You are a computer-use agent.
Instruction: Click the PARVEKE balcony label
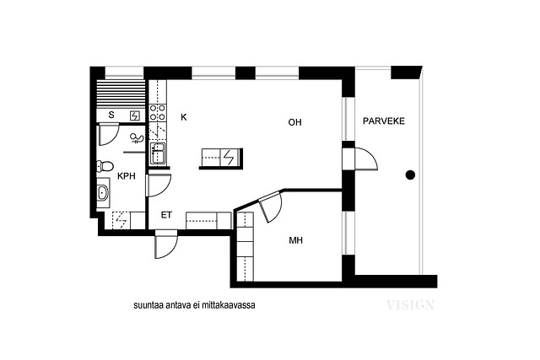tap(384, 121)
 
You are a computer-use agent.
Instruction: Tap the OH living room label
tap(294, 122)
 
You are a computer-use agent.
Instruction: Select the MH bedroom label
tap(296, 240)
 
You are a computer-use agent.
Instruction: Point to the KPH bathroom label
tap(127, 176)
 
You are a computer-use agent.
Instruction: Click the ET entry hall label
tap(166, 215)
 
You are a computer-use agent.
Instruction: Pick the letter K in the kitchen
tap(184, 117)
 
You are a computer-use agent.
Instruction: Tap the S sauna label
tap(111, 115)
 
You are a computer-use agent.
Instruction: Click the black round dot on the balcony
tap(410, 175)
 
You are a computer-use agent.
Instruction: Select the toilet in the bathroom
tap(105, 167)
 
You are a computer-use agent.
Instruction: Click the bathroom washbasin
tap(103, 192)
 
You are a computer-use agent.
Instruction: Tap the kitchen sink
tap(158, 153)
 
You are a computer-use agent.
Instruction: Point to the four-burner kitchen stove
tap(158, 112)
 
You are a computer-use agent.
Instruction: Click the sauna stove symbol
tap(135, 116)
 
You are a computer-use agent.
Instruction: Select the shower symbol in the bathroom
tap(138, 138)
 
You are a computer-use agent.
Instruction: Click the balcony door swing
tap(366, 159)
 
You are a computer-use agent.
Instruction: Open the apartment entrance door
tap(166, 244)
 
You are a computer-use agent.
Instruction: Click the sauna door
tap(109, 135)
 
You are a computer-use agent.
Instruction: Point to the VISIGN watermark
tap(410, 305)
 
